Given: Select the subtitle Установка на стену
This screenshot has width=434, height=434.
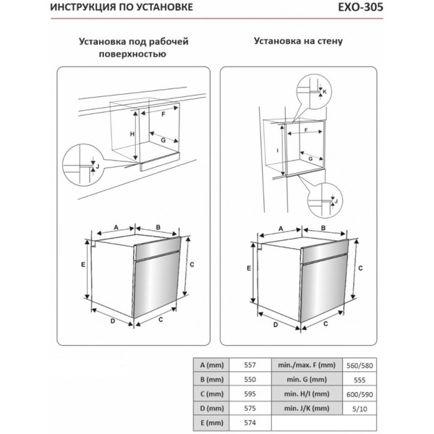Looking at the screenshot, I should click(x=298, y=42).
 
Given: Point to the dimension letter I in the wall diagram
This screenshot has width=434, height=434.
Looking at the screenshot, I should click(x=278, y=150).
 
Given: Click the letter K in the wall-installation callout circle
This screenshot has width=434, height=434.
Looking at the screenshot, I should click(x=325, y=92).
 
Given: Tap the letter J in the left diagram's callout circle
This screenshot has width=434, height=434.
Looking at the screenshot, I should click(x=97, y=166).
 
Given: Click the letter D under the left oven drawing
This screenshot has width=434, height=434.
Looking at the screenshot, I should click(x=114, y=320).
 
